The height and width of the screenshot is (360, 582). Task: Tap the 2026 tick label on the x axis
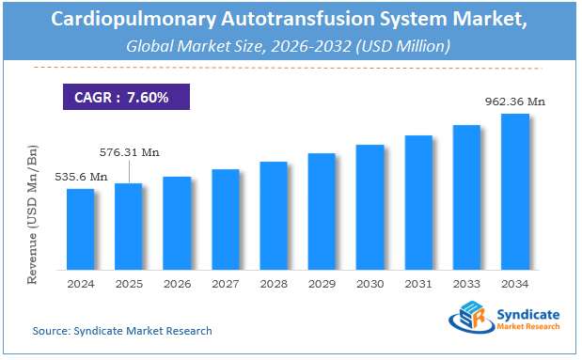point(177,283)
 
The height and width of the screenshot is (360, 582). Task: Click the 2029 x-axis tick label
point(322,283)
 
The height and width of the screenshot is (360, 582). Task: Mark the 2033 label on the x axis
point(466,283)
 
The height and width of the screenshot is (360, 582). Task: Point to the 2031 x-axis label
point(418,283)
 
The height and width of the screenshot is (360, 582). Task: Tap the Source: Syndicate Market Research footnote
point(122,331)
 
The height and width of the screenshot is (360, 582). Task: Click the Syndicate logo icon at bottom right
point(468,319)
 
